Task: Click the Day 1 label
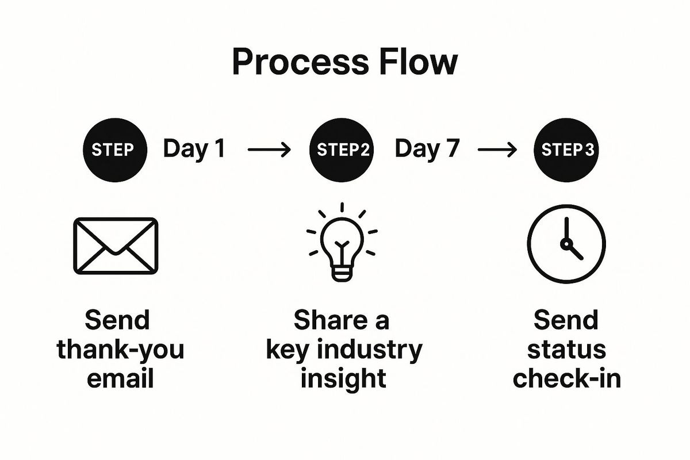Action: [194, 149]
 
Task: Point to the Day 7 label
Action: [427, 149]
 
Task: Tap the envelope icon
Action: [115, 246]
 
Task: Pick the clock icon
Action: [566, 243]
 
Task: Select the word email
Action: [120, 379]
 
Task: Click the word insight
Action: [343, 379]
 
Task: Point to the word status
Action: [566, 350]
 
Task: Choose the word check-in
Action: [566, 379]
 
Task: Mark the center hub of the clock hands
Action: [566, 244]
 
